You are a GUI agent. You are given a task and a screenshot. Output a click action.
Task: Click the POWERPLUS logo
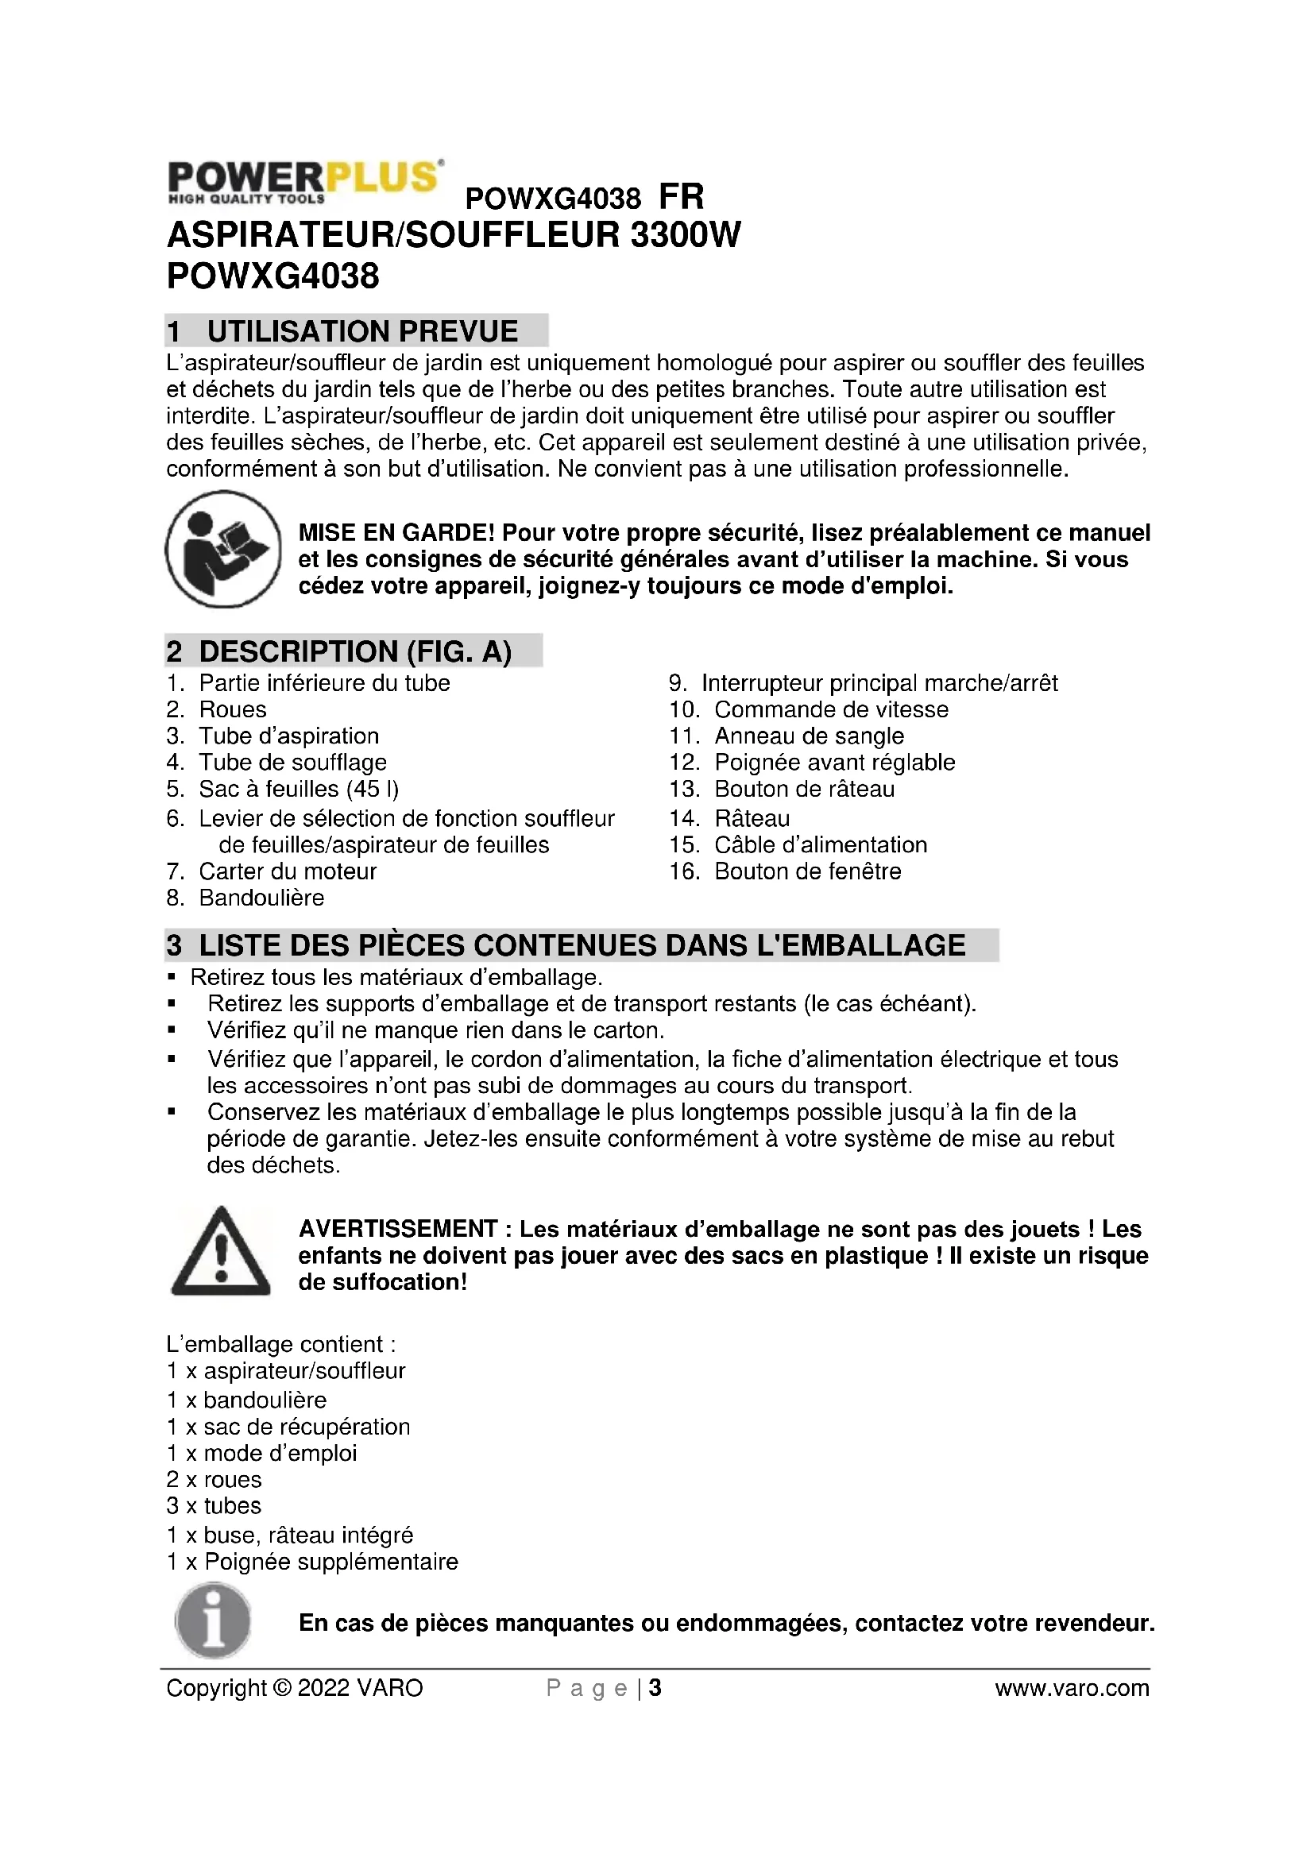(x=305, y=181)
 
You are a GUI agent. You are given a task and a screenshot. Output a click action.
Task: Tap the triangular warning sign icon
(x=221, y=1253)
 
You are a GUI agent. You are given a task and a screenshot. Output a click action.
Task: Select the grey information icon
(x=213, y=1621)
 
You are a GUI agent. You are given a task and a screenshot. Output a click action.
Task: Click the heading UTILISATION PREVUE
(x=361, y=331)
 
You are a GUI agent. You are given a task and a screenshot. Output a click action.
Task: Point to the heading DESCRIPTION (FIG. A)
(x=354, y=651)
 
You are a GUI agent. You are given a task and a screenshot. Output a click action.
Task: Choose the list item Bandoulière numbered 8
(x=261, y=898)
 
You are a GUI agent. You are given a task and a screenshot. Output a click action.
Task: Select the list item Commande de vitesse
(x=830, y=709)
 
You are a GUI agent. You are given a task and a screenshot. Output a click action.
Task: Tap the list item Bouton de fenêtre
(x=806, y=871)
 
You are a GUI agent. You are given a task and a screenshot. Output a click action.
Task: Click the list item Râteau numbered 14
(x=752, y=818)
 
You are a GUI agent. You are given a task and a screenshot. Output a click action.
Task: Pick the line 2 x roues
(x=214, y=1479)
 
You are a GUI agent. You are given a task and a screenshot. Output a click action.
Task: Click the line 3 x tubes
(x=214, y=1506)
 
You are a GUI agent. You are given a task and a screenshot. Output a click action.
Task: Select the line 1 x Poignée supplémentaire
(x=312, y=1562)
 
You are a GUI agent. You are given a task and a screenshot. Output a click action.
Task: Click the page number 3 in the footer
(x=655, y=1688)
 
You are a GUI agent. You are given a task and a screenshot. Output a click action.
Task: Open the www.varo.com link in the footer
(x=1071, y=1688)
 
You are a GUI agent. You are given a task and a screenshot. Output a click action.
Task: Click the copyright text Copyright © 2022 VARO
(x=295, y=1688)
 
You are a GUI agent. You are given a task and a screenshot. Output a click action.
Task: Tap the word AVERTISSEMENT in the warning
(x=398, y=1228)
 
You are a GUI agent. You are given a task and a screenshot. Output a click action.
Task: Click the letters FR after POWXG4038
(x=682, y=197)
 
